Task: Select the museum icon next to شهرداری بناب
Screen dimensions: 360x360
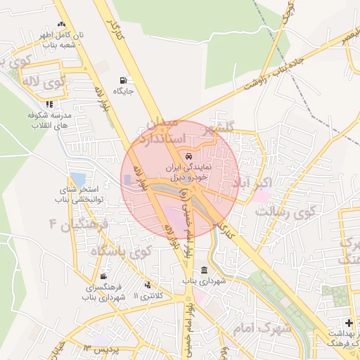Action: click(204, 271)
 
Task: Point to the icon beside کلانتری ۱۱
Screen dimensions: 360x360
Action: click(148, 285)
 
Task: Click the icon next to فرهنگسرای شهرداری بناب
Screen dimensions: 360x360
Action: click(104, 276)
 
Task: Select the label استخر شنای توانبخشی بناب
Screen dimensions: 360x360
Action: click(79, 195)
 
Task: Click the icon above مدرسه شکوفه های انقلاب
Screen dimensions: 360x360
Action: click(49, 104)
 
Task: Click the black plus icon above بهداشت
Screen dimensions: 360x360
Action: click(349, 323)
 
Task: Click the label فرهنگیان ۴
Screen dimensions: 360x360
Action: click(77, 225)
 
